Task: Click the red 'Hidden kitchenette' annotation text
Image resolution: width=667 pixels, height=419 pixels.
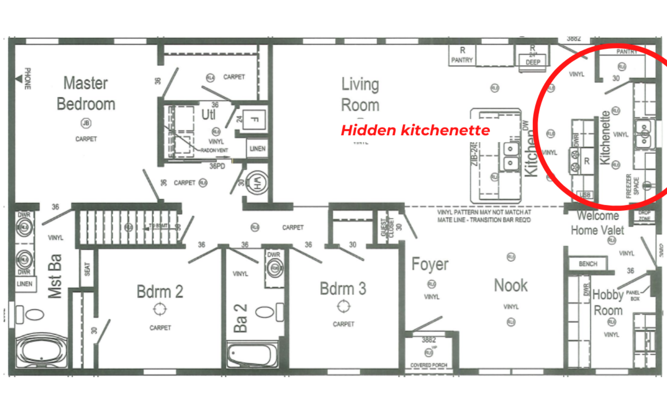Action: [415, 130]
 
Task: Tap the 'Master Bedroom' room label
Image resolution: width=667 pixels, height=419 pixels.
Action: [86, 94]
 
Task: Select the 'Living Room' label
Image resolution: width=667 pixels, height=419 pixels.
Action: [360, 95]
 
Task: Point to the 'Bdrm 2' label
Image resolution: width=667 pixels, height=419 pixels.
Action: [160, 292]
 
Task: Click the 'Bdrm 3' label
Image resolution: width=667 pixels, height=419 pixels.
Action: [343, 289]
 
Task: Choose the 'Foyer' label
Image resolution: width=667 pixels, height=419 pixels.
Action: [430, 264]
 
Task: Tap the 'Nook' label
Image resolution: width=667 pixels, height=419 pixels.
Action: [511, 285]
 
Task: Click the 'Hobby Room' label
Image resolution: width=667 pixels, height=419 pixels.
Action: [608, 302]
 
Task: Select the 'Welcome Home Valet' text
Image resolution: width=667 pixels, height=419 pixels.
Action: [597, 223]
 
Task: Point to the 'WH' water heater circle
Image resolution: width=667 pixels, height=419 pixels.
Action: [257, 182]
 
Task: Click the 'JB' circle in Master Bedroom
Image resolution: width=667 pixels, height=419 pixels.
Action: [86, 123]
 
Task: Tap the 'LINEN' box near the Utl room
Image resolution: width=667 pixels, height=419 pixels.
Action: [258, 149]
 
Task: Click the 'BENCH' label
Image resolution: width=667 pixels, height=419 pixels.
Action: [588, 264]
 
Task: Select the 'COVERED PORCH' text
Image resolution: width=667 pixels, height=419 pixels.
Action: [429, 365]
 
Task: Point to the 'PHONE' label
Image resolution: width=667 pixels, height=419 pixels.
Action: [27, 79]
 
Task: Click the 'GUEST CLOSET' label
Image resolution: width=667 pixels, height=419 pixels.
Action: [387, 228]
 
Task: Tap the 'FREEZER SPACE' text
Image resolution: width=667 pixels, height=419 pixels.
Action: [632, 186]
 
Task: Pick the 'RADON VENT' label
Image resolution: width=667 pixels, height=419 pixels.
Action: [214, 150]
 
